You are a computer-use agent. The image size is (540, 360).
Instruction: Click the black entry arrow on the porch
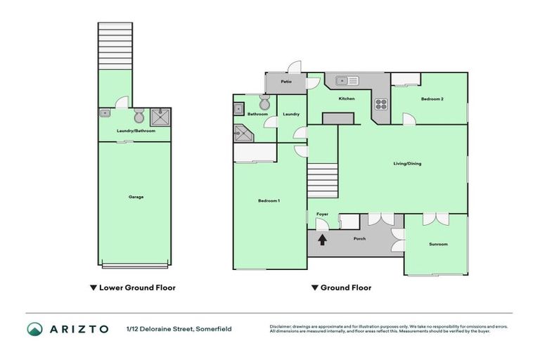point(323,239)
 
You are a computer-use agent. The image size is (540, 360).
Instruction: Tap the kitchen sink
point(347,80)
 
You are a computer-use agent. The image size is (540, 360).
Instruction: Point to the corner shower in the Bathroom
point(241,132)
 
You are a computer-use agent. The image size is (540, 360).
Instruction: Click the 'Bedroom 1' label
point(269,201)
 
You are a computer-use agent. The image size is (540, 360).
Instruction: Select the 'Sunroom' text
point(438,244)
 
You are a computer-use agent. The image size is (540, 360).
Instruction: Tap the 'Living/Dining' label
point(407,164)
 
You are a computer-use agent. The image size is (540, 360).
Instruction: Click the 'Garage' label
point(136,197)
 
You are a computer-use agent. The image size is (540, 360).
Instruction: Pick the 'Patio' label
point(286,82)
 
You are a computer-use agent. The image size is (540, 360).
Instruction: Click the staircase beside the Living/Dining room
point(323,179)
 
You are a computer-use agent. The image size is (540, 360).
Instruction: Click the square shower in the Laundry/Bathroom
point(159,115)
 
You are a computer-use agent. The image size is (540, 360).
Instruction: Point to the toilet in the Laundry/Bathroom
point(139,115)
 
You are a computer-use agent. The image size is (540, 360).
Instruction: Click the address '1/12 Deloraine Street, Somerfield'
point(179,329)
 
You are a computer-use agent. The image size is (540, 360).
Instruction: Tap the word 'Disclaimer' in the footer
point(281,326)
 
